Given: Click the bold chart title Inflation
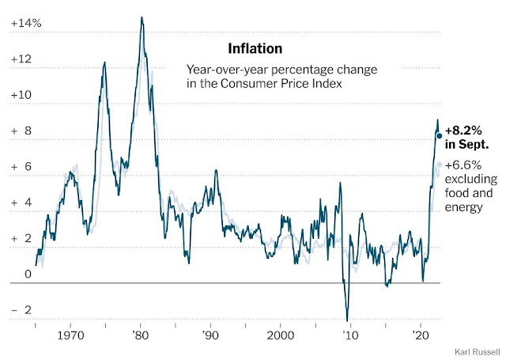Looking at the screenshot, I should (250, 49).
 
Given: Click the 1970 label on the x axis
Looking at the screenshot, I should (71, 335).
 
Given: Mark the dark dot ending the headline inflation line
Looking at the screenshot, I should (440, 136).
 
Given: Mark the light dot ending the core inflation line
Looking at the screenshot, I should (440, 165).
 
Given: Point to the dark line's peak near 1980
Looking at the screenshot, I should (142, 17).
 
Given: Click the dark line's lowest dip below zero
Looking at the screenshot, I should (346, 319).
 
